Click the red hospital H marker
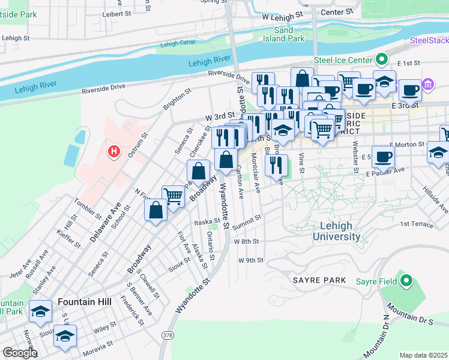113,152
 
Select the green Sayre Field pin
406,280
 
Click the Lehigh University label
336,231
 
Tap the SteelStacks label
429,41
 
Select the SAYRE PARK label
319,280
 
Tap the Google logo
19,353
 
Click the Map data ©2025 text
423,355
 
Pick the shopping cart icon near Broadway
173,195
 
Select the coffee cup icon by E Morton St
383,157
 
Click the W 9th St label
251,260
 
